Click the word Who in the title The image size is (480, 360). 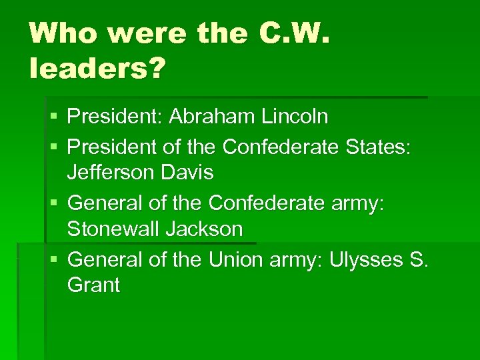click(61, 33)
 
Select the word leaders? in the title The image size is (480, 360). click(96, 68)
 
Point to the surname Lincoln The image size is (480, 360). click(295, 117)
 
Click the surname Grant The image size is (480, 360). click(93, 285)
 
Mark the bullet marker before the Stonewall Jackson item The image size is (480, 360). click(54, 202)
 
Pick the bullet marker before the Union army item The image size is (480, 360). click(54, 258)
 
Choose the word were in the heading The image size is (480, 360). click(138, 33)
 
